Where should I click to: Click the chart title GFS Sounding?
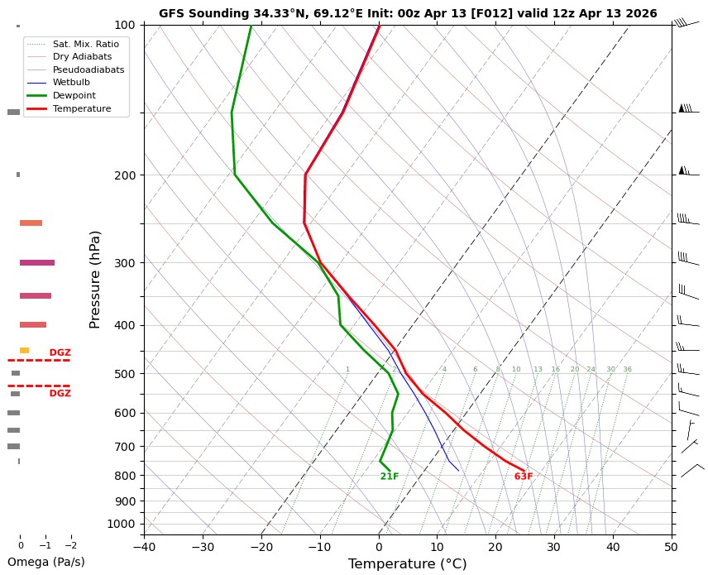tap(408, 13)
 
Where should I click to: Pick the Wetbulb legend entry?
tap(70, 83)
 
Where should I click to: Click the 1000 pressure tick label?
tap(120, 524)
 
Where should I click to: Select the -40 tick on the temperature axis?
tap(144, 546)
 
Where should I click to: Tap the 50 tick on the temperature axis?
tap(672, 546)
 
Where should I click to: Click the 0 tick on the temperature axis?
tap(379, 546)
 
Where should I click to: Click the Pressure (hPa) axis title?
tap(94, 280)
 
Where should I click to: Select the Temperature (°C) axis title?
tap(408, 564)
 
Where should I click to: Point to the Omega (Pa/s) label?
tap(45, 562)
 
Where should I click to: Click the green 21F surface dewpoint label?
tap(390, 477)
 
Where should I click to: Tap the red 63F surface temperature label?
tap(524, 477)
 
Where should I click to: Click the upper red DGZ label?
tap(60, 352)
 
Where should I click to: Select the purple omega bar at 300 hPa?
tap(37, 262)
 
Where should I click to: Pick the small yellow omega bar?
tap(25, 351)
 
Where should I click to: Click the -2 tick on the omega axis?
tap(70, 545)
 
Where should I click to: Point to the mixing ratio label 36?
tap(627, 369)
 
